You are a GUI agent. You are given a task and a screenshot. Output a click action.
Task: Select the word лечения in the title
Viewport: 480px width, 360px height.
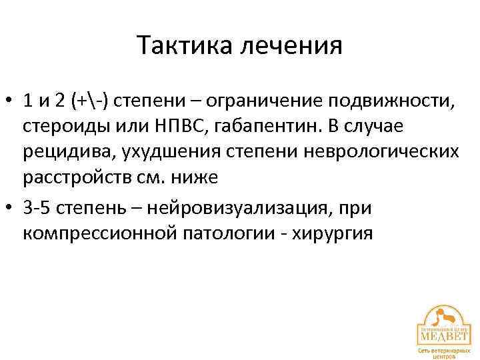pyautogui.click(x=291, y=46)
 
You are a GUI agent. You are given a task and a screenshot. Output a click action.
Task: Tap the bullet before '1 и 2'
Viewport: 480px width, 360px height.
pyautogui.click(x=11, y=102)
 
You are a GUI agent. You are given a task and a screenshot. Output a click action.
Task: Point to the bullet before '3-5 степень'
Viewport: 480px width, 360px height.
pyautogui.click(x=11, y=209)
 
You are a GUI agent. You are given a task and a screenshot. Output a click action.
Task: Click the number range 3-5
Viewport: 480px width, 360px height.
pyautogui.click(x=37, y=209)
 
